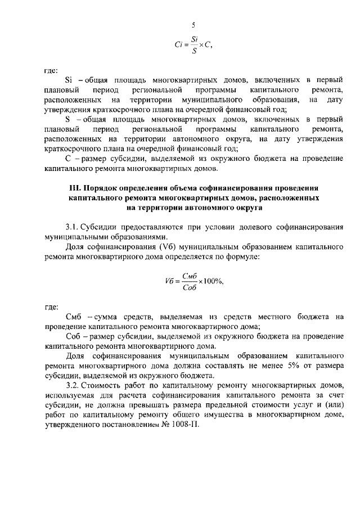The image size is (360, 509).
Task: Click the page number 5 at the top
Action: click(x=193, y=25)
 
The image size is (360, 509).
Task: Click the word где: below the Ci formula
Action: click(x=51, y=71)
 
